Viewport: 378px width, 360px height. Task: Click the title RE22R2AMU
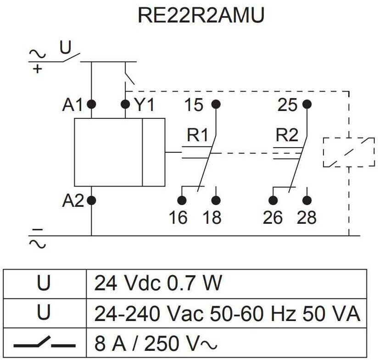(201, 16)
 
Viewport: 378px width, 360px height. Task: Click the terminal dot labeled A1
(91, 104)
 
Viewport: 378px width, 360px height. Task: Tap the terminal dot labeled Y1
(125, 104)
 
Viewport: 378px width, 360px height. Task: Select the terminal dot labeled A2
(91, 200)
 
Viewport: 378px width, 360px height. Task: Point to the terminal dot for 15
(216, 104)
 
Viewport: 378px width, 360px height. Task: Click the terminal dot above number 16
(182, 200)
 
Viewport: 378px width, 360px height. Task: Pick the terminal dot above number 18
(216, 200)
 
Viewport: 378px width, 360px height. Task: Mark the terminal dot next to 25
(307, 104)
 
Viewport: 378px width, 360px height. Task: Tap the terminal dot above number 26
(273, 200)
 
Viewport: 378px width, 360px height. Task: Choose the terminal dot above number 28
(307, 200)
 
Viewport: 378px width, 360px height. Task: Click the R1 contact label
(198, 136)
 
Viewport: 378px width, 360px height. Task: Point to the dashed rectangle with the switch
(349, 152)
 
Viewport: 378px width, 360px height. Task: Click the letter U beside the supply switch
(66, 48)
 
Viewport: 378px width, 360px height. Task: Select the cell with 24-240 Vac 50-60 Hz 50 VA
(227, 314)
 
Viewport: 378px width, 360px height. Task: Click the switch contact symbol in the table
(44, 343)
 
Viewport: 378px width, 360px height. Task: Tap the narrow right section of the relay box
(153, 152)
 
